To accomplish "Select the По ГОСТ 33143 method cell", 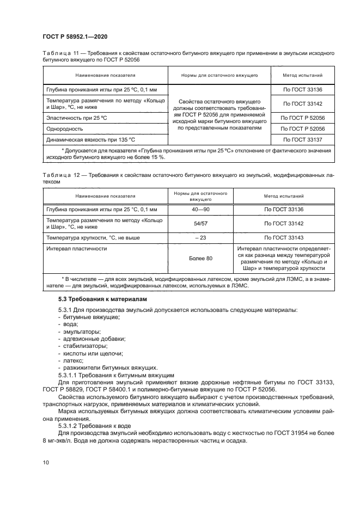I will [x=283, y=238].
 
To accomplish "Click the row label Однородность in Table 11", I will [x=64, y=129].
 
